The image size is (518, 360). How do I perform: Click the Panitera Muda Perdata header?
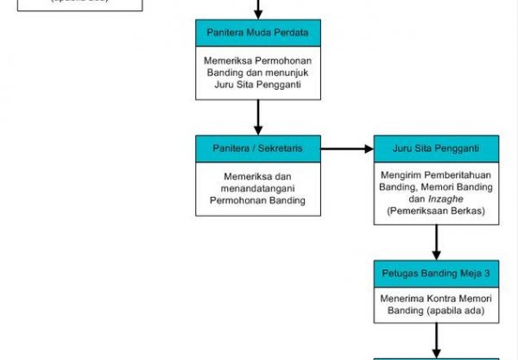257,34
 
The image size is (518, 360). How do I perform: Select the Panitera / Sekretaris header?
257,148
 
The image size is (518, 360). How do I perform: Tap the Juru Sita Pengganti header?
435,148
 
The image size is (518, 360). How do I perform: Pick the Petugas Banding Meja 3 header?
435,273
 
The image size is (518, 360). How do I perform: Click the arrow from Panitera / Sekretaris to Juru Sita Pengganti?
347,148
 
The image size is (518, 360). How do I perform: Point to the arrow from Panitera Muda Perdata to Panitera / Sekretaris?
257,116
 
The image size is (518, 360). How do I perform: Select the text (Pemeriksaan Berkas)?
436,210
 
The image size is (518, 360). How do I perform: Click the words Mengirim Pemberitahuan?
436,173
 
